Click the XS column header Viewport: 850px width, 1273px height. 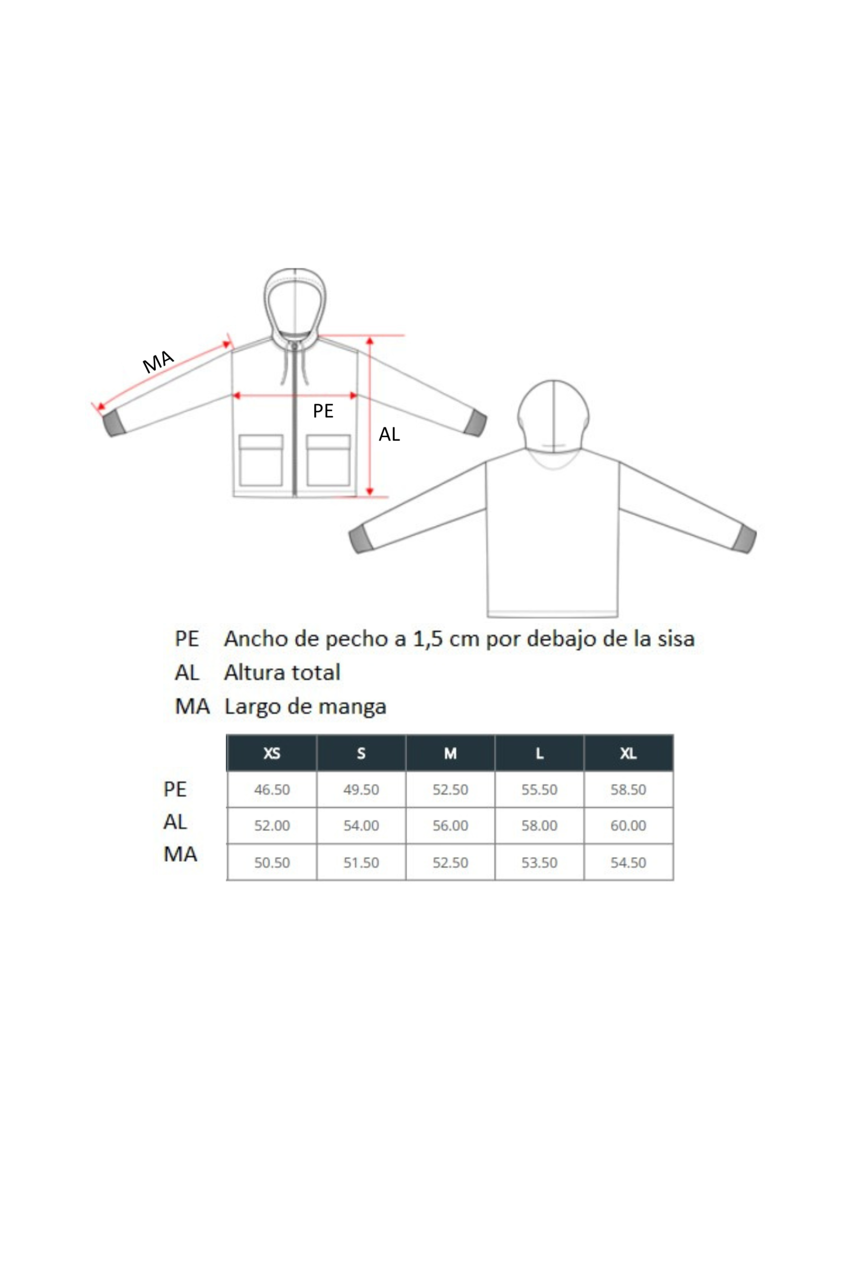click(x=272, y=753)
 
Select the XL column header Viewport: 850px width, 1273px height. click(x=628, y=753)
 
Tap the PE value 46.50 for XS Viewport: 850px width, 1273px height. click(x=272, y=789)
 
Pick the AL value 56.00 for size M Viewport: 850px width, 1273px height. click(x=450, y=825)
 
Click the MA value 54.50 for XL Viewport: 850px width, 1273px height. click(x=628, y=862)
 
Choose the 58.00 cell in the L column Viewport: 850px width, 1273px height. click(x=539, y=825)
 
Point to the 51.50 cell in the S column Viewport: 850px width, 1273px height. click(x=361, y=862)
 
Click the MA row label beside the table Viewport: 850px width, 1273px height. click(x=181, y=854)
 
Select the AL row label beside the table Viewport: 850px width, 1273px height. click(x=175, y=822)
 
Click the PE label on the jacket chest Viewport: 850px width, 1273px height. click(x=323, y=411)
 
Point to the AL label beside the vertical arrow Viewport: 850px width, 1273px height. click(x=389, y=435)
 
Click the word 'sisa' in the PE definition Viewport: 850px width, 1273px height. click(x=676, y=638)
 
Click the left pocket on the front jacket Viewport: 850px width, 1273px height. click(x=261, y=460)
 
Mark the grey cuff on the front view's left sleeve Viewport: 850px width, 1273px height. click(x=114, y=423)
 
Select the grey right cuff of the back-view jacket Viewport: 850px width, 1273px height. click(x=744, y=539)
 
